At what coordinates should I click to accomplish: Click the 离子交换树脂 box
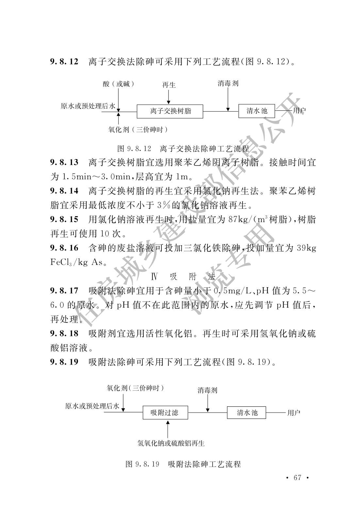point(170,111)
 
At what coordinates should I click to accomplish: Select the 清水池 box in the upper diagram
point(256,111)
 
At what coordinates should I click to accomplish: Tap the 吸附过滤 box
point(165,413)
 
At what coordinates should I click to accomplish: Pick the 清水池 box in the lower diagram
point(247,413)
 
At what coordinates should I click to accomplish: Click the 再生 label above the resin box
point(169,85)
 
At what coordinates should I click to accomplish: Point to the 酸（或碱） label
point(119,84)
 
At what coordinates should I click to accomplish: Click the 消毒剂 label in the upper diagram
point(228,83)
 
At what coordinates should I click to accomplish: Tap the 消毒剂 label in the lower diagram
point(207,390)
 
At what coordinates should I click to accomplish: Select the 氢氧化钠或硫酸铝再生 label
point(171,443)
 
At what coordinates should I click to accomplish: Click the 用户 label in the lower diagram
point(294,413)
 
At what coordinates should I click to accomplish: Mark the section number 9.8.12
point(64,61)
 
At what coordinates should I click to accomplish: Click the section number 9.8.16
point(64,248)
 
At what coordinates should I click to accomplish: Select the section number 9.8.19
point(64,362)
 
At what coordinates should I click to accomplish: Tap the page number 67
point(297,477)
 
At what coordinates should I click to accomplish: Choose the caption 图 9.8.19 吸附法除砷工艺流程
point(183,464)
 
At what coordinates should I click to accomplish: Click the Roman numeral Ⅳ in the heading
point(155,277)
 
